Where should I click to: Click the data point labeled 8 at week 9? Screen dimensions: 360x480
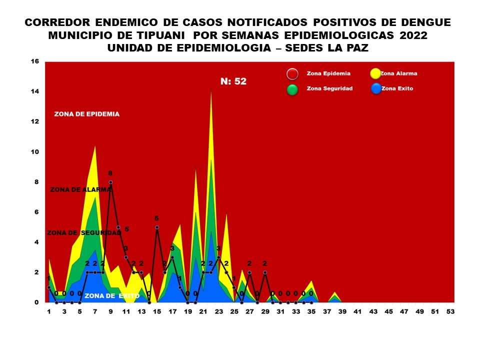pos(110,182)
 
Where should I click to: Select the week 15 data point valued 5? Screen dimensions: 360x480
pos(157,227)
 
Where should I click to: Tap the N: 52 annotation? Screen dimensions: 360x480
pos(233,81)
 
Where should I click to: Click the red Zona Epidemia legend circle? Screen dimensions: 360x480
pos(292,74)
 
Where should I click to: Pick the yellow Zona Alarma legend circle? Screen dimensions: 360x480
pos(376,74)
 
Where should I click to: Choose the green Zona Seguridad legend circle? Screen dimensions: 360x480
pos(292,89)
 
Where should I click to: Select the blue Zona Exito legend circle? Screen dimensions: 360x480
pos(376,89)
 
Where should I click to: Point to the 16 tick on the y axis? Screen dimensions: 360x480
pos(34,61)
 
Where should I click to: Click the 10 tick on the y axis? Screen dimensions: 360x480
pos(34,152)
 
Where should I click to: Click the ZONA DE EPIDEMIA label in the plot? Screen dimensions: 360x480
pos(87,114)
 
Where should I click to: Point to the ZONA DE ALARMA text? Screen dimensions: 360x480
pos(80,189)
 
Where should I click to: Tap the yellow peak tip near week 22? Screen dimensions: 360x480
pos(211,90)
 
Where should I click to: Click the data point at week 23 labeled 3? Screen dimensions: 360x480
pos(218,257)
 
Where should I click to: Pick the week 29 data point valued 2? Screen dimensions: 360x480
pos(265,272)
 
